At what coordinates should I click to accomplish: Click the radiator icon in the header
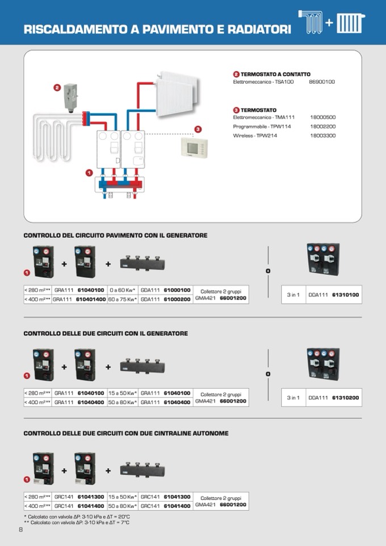[x=349, y=24]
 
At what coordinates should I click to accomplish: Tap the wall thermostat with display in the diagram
[x=192, y=147]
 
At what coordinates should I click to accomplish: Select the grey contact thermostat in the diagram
[x=71, y=97]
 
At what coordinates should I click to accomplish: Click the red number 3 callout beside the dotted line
[x=198, y=130]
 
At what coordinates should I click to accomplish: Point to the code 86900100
[x=322, y=82]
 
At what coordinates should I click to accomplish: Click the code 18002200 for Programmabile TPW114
[x=322, y=126]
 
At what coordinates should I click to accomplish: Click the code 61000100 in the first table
[x=177, y=290]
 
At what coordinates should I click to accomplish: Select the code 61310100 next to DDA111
[x=345, y=295]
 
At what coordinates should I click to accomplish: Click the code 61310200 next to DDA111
[x=345, y=398]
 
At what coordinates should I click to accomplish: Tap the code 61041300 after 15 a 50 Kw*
[x=177, y=497]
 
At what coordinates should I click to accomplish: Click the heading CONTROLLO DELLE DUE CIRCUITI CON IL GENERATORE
[x=106, y=334]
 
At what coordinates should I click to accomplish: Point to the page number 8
[x=20, y=530]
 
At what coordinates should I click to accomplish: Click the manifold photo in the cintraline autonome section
[x=141, y=470]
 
